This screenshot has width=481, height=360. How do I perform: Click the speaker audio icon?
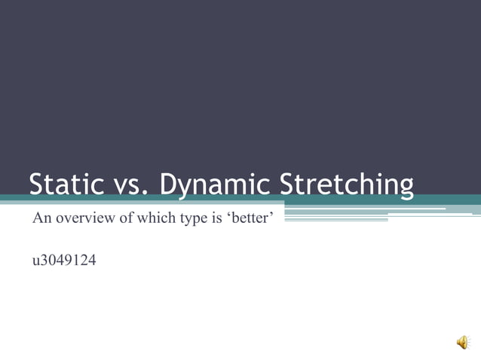(463, 343)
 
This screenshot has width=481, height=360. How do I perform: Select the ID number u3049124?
(64, 261)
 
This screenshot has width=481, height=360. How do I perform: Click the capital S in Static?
(37, 185)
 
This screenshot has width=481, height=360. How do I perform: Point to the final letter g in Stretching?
(406, 189)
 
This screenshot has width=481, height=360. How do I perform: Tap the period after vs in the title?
(145, 194)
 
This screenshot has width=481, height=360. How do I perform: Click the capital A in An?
(37, 219)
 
